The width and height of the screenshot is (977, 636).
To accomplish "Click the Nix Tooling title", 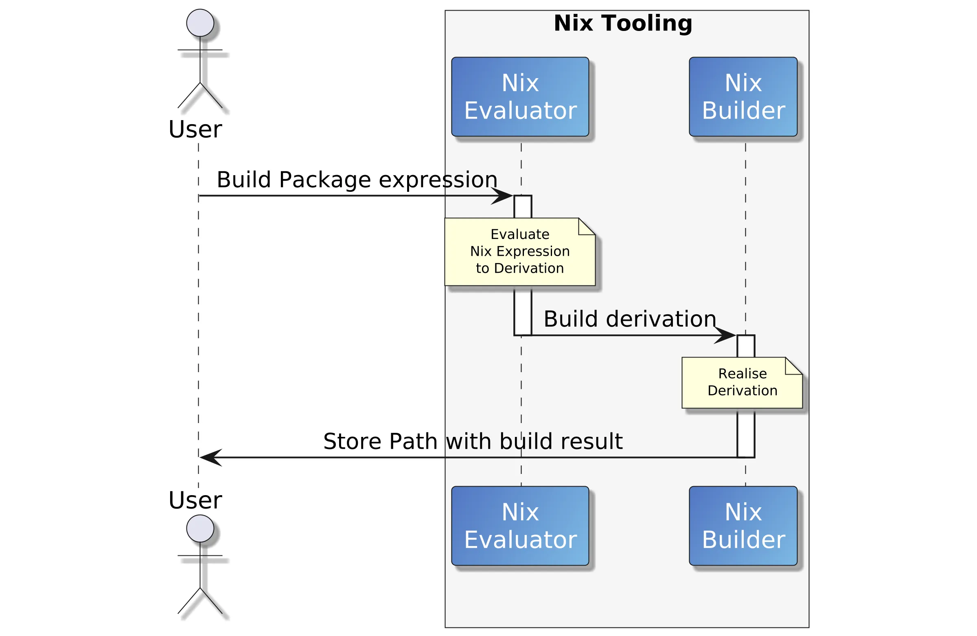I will pyautogui.click(x=623, y=23).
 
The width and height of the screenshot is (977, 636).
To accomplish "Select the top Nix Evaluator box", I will pyautogui.click(x=520, y=97).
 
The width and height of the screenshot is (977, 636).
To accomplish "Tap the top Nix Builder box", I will pyautogui.click(x=743, y=97).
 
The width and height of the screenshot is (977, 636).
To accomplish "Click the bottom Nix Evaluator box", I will pyautogui.click(x=520, y=526).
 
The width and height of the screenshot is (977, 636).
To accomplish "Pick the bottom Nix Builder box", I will pyautogui.click(x=743, y=526).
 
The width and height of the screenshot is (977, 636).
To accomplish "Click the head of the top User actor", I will pyautogui.click(x=200, y=23).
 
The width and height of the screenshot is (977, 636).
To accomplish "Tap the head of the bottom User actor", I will pyautogui.click(x=200, y=529).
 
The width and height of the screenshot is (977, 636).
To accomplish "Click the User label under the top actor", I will pyautogui.click(x=195, y=129).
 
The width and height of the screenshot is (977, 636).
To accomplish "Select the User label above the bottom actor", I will pyautogui.click(x=195, y=500).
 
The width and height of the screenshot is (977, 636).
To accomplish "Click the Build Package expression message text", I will pyautogui.click(x=357, y=180).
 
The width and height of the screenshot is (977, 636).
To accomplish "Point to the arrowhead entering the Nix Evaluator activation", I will pyautogui.click(x=503, y=196).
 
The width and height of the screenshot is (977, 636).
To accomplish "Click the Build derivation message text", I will pyautogui.click(x=629, y=319).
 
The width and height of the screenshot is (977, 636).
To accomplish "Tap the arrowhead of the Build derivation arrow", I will pyautogui.click(x=726, y=336).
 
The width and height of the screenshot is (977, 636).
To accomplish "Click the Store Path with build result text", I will pyautogui.click(x=473, y=441).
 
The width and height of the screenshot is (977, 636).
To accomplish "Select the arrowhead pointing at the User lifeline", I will pyautogui.click(x=210, y=457).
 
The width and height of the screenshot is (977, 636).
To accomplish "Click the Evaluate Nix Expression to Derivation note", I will pyautogui.click(x=519, y=252).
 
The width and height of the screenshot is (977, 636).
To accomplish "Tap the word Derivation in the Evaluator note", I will pyautogui.click(x=529, y=268).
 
